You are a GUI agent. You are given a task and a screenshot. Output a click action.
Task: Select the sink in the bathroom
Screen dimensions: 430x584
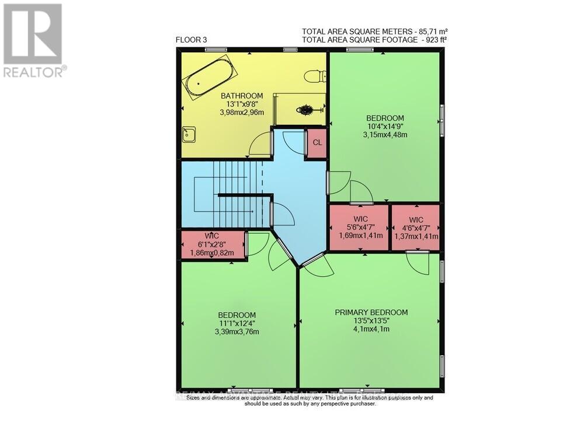188,135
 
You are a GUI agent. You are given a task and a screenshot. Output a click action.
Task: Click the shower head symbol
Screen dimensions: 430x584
306,109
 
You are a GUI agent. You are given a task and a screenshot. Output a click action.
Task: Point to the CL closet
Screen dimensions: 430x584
317,143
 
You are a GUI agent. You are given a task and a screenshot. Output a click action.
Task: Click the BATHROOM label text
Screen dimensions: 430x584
241,96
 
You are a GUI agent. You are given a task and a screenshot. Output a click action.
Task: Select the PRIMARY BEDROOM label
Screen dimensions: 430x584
371,312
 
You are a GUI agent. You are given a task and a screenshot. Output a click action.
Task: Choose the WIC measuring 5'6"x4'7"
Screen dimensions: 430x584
360,227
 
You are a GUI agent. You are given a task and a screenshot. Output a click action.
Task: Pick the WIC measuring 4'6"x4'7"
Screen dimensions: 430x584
416,227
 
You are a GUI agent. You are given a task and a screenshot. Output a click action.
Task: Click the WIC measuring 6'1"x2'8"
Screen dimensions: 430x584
212,244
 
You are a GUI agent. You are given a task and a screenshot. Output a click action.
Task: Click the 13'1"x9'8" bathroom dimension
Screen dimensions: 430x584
241,104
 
